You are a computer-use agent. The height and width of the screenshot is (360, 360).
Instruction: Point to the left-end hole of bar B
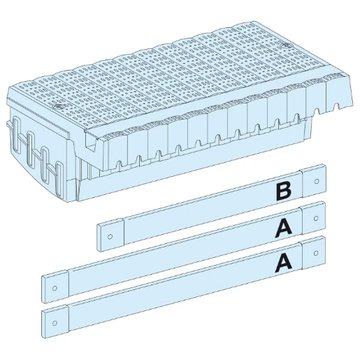(110, 235)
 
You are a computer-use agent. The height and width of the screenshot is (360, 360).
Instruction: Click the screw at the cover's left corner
(58, 107)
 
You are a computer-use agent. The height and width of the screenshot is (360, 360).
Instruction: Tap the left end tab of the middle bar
(56, 285)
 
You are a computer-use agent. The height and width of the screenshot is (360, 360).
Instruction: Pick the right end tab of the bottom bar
(313, 252)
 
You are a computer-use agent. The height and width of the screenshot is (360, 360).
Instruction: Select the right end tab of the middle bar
(313, 217)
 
